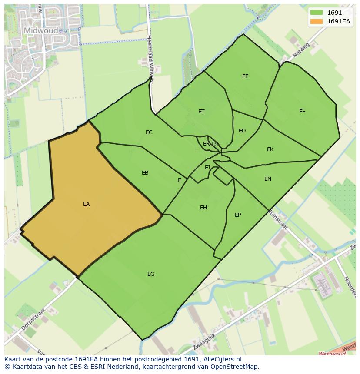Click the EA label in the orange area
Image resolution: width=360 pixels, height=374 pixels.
pyautogui.click(x=86, y=204)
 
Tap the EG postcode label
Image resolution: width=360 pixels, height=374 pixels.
pyautogui.click(x=151, y=274)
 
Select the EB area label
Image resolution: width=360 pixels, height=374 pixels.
pyautogui.click(x=145, y=173)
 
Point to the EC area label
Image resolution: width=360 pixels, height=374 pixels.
pyautogui.click(x=149, y=132)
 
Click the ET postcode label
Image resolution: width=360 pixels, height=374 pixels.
pyautogui.click(x=201, y=112)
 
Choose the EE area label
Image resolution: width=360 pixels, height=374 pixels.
pyautogui.click(x=245, y=76)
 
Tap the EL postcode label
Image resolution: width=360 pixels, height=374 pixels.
pyautogui.click(x=302, y=110)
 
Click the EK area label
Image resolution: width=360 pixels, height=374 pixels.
pyautogui.click(x=270, y=149)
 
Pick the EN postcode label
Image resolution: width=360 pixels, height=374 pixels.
pyautogui.click(x=268, y=179)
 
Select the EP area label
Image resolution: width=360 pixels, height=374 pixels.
pyautogui.click(x=238, y=215)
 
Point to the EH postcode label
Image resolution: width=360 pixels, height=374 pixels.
pyautogui.click(x=203, y=208)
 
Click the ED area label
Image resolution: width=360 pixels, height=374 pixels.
pyautogui.click(x=242, y=131)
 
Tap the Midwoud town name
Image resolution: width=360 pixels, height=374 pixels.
pyautogui.click(x=40, y=31)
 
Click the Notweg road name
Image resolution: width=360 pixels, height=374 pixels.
pyautogui.click(x=300, y=50)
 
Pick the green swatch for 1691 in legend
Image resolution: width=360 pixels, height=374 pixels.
pyautogui.click(x=317, y=13)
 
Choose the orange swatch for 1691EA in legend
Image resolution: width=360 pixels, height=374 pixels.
pyautogui.click(x=317, y=21)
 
